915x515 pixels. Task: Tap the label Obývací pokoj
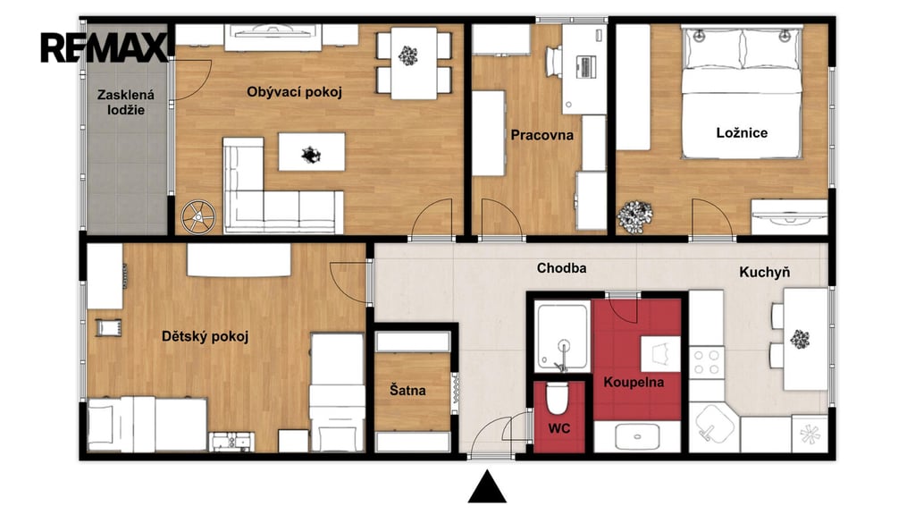pyautogui.click(x=294, y=92)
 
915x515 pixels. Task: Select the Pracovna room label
pyautogui.click(x=542, y=135)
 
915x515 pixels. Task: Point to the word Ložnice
pyautogui.click(x=742, y=132)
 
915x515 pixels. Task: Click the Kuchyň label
pyautogui.click(x=765, y=272)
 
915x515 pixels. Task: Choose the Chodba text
pyautogui.click(x=561, y=268)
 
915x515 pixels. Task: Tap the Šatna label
pyautogui.click(x=407, y=390)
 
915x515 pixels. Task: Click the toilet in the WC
pyautogui.click(x=558, y=398)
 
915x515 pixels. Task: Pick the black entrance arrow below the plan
pyautogui.click(x=487, y=487)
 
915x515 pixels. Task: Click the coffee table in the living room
pyautogui.click(x=312, y=152)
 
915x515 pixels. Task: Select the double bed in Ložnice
pyautogui.click(x=742, y=92)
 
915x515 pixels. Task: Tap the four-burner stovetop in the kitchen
pyautogui.click(x=707, y=361)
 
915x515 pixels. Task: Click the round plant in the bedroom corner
pyautogui.click(x=635, y=216)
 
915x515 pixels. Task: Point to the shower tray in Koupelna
pyautogui.click(x=563, y=337)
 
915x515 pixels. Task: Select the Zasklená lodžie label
pyautogui.click(x=126, y=102)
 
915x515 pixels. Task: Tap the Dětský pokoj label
pyautogui.click(x=205, y=336)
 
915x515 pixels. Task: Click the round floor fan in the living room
pyautogui.click(x=198, y=216)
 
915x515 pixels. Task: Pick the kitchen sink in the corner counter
pyautogui.click(x=713, y=425)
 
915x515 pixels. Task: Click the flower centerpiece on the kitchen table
pyautogui.click(x=800, y=339)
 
